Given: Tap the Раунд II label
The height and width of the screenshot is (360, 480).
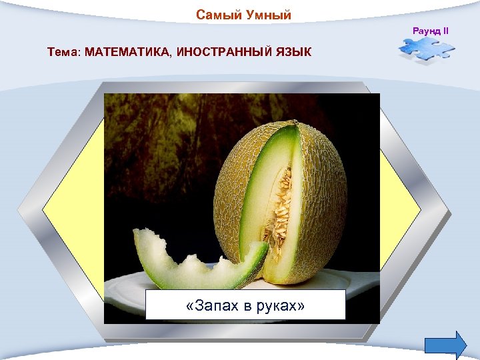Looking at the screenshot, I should coord(431,31).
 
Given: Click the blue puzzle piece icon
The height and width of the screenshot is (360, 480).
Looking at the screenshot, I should coord(426,51).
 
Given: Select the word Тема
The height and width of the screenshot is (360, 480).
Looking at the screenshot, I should coord(62,52).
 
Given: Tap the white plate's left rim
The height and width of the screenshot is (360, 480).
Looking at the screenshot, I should coord(123,283).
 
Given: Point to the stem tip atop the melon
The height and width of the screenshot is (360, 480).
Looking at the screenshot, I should coord(293,123).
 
